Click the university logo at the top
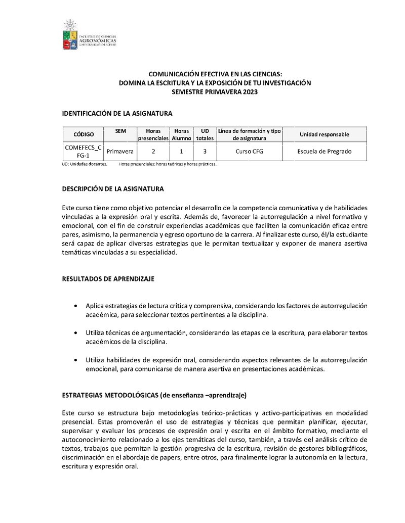click(89, 35)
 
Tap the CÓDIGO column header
click(84, 134)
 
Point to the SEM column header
click(120, 131)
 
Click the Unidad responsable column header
click(324, 134)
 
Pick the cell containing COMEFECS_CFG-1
click(84, 151)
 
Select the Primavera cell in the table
click(120, 151)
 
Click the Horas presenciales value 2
click(153, 151)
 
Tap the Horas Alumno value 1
click(181, 151)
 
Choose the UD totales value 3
click(205, 151)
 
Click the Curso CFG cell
click(249, 151)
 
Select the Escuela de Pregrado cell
click(324, 151)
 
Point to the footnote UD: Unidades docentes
click(84, 164)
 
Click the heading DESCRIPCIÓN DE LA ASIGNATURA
click(112, 189)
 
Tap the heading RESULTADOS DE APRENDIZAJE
click(108, 278)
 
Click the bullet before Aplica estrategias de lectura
click(75, 306)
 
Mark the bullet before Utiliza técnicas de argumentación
click(75, 334)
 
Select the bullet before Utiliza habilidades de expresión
click(75, 360)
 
